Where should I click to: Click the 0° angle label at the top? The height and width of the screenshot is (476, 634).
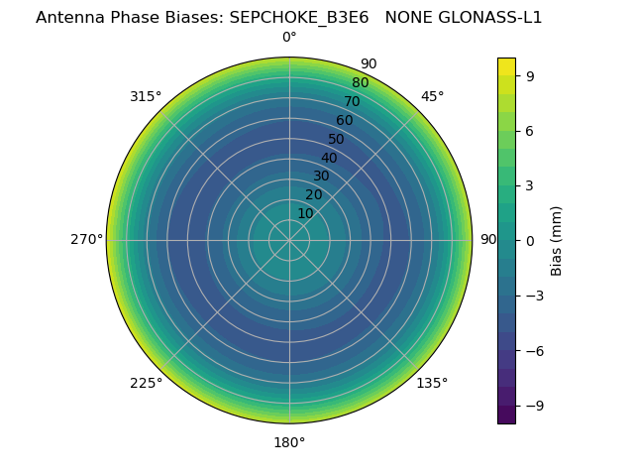coord(289,38)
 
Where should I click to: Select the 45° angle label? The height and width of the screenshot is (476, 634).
coord(432,96)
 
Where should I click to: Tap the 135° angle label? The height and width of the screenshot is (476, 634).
coord(432,383)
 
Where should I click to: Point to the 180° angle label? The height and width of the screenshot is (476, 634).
coord(289,442)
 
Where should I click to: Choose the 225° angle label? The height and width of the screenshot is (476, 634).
coord(146,383)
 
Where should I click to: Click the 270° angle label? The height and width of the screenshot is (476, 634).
coord(86,239)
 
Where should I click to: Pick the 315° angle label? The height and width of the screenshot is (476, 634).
coord(146,96)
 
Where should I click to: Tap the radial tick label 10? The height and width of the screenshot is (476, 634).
coord(305,213)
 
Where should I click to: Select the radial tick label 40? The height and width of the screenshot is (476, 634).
coord(329,158)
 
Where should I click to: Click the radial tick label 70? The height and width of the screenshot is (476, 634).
coord(352,101)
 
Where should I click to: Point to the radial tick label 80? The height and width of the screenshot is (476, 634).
coord(360,82)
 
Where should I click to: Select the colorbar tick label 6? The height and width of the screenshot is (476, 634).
coord(530,130)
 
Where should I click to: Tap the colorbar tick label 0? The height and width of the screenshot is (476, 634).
coord(530,240)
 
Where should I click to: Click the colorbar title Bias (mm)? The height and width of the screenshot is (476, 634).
coord(557,240)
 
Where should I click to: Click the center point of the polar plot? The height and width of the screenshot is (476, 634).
coord(289,240)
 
